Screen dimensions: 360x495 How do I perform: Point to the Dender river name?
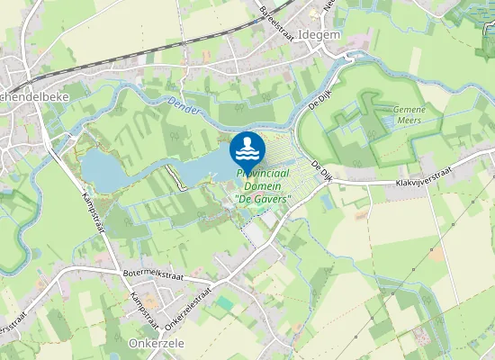(184, 104)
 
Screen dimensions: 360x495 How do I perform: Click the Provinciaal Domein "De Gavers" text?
(263, 184)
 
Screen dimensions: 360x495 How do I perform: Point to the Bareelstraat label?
(277, 19)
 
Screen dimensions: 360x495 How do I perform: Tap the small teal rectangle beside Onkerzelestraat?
(224, 303)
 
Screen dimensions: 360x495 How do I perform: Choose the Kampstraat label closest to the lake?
(94, 213)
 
